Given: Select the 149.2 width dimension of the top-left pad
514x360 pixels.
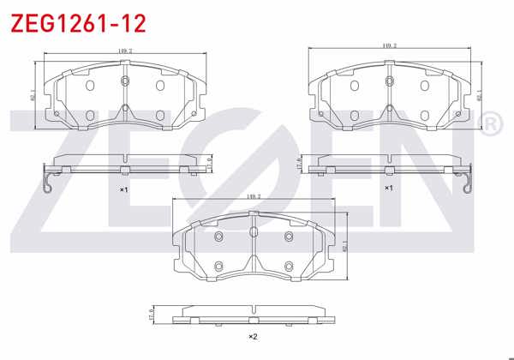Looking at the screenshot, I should click(x=124, y=51).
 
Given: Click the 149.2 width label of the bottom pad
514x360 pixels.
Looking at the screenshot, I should click(x=254, y=195).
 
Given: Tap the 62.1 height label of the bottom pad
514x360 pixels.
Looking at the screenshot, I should click(x=344, y=246).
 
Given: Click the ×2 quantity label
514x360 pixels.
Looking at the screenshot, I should click(x=253, y=336).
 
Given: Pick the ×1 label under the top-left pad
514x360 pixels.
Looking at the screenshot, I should click(x=123, y=189).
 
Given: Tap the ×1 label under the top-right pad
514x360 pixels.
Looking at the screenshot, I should click(x=388, y=187).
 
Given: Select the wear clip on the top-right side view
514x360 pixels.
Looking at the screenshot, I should click(x=466, y=184).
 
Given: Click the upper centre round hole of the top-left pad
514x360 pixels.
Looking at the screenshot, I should click(x=125, y=81).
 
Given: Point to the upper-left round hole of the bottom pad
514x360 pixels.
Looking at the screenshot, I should click(x=218, y=237).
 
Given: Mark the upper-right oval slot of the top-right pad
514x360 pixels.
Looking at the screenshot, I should click(x=425, y=85).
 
